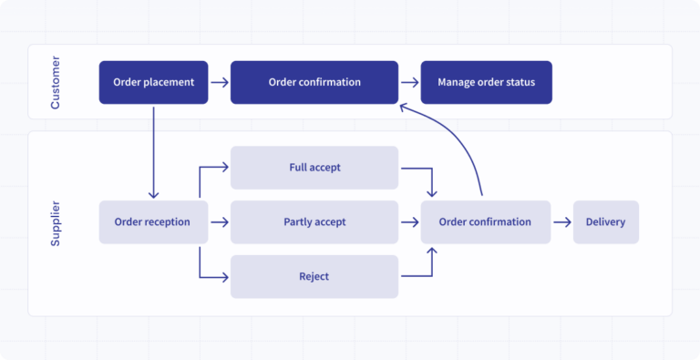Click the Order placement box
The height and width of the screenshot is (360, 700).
[153, 82]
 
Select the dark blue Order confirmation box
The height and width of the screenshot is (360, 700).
[314, 82]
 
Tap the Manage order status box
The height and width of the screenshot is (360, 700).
[486, 82]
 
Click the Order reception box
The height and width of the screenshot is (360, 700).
[153, 221]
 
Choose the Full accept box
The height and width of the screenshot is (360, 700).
[314, 168]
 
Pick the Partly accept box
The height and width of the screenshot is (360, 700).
[314, 221]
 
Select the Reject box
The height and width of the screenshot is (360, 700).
[314, 276]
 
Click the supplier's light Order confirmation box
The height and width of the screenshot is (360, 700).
[485, 221]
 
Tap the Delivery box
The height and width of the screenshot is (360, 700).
[605, 221]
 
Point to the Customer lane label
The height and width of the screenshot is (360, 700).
[55, 83]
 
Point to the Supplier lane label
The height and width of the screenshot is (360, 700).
[55, 223]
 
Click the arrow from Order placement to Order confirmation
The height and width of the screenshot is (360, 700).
[219, 82]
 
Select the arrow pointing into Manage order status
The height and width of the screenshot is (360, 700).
[409, 82]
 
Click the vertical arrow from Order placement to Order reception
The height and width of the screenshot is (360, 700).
[153, 151]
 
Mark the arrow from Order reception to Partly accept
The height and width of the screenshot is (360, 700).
[219, 221]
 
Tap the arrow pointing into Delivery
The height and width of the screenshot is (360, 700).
[561, 221]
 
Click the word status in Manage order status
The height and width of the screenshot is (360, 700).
[520, 82]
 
